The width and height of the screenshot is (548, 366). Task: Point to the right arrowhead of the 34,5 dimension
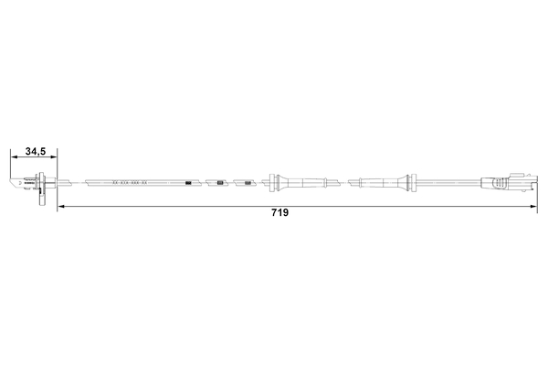(54, 156)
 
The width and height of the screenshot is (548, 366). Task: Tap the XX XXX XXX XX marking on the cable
(129, 183)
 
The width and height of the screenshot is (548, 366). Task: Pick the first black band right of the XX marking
(188, 183)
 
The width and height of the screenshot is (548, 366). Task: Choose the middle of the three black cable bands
(220, 183)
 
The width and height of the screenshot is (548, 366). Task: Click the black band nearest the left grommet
(247, 183)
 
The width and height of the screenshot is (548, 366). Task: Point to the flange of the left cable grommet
(276, 181)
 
